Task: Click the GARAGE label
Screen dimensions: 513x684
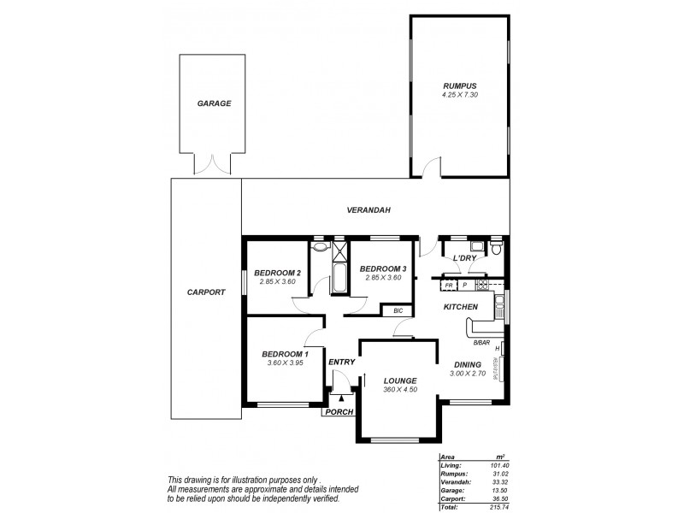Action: (215, 103)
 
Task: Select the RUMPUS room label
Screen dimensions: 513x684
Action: (459, 85)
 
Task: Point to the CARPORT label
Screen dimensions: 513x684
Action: (205, 292)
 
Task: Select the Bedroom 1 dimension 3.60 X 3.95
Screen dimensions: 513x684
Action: (285, 363)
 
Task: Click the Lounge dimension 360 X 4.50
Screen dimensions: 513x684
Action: (400, 390)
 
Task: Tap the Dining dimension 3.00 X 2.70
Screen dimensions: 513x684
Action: (468, 374)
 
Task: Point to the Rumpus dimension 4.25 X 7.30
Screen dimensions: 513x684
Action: (459, 95)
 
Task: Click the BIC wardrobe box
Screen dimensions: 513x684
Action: (398, 311)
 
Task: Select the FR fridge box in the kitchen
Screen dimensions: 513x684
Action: (449, 285)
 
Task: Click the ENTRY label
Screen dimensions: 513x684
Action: (341, 363)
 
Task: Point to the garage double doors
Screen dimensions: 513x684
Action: (214, 164)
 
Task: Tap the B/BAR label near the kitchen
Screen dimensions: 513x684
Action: (481, 343)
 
